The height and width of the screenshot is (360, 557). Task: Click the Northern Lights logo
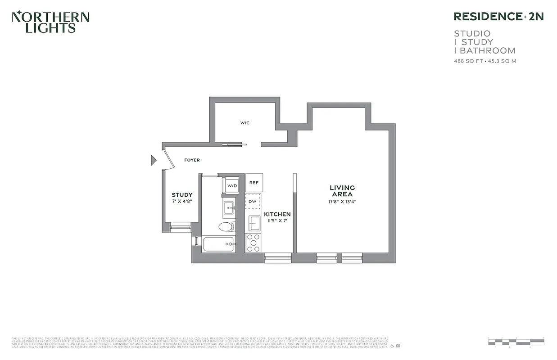pos(50,22)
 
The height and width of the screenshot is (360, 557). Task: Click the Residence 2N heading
pos(498,17)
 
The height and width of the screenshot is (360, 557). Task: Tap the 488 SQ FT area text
pos(468,61)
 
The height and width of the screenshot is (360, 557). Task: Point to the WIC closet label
pos(245,123)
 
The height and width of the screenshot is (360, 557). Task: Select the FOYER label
pos(192,160)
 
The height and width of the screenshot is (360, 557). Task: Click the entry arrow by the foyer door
pos(153,160)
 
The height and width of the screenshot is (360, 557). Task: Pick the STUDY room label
pos(182,195)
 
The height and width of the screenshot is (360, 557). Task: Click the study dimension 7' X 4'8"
pos(182,201)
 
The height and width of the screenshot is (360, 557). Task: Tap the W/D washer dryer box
pos(232,185)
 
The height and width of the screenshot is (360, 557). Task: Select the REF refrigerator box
pos(254,183)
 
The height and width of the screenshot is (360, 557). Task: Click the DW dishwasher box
pos(253,202)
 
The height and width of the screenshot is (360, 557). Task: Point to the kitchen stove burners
pos(254,243)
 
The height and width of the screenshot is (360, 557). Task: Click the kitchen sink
pos(254,223)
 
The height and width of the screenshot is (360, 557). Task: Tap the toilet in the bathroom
pos(226,226)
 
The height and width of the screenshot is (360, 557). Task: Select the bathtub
pos(218,244)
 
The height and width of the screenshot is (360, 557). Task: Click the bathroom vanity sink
pos(229,208)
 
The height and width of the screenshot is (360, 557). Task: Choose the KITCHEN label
pos(277,214)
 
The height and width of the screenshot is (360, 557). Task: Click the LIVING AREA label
pos(342,191)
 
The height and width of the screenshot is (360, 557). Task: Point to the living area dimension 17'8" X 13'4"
pos(342,202)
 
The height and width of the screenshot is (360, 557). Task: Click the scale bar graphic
pos(516,342)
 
